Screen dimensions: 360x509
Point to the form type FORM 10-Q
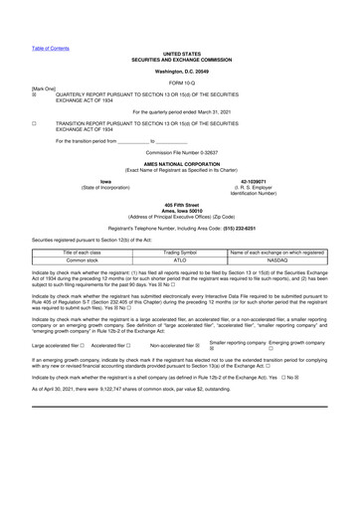click(180, 82)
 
